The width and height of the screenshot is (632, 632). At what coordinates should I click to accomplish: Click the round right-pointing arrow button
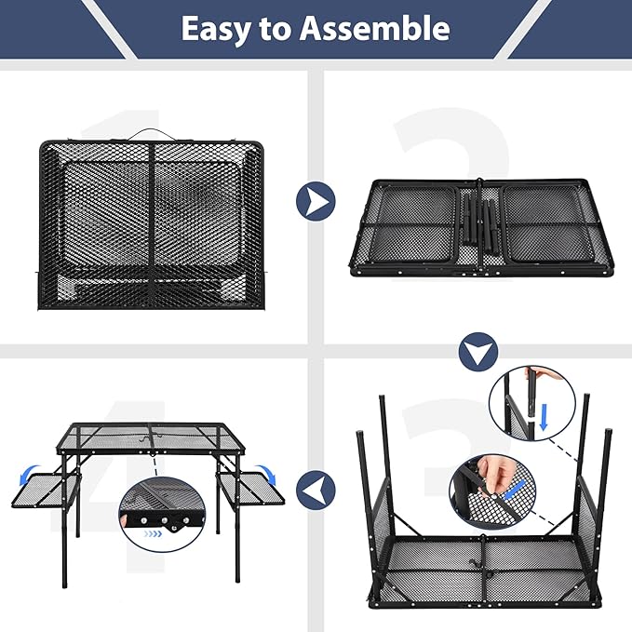pos(316,200)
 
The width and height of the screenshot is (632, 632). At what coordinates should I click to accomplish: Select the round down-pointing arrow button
pos(479,351)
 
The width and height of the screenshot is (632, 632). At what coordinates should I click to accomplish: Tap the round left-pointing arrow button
pos(316,487)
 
